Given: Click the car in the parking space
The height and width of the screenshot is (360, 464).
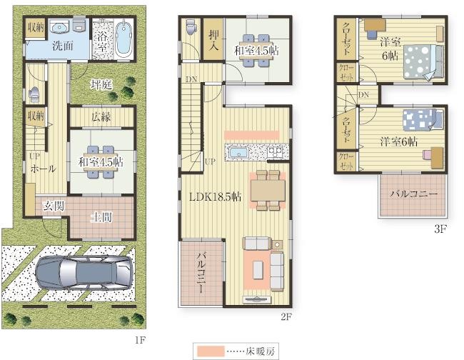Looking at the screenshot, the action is pos(84,273).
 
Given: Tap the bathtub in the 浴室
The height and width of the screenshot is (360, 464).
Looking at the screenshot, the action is pos(123,39).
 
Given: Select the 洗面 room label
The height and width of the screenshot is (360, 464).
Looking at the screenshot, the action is pos(62,46).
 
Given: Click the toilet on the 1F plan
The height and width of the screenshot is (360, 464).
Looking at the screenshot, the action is pos(34,94).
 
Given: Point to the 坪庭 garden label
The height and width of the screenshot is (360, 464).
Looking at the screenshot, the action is pos(101,85).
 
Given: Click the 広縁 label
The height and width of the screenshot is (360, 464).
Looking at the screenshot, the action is pos(101,117).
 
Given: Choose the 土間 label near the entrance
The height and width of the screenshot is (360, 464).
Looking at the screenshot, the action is pos(101,217).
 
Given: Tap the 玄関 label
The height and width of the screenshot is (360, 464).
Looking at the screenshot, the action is pos(54,206).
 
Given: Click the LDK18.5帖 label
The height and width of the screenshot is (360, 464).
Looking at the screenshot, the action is pos(215,196).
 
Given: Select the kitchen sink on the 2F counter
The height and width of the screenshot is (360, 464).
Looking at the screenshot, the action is pos(238,153).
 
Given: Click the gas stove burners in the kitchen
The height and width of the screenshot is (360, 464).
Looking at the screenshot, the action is pos(276,153).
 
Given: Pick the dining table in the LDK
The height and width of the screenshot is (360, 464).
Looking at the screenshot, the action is pos(268,191).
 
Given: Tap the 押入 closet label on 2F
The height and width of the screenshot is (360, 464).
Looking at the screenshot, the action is pos(213,40).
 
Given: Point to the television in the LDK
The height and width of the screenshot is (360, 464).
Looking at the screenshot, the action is pos(256,299).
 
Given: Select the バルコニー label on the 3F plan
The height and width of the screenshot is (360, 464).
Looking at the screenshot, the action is pos(413,194).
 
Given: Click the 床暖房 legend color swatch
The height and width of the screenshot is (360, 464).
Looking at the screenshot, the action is pos(210,351).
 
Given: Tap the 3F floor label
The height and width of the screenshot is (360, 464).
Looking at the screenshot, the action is pos(440,229).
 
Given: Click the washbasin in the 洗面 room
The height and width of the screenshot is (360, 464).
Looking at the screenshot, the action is pos(60,26).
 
